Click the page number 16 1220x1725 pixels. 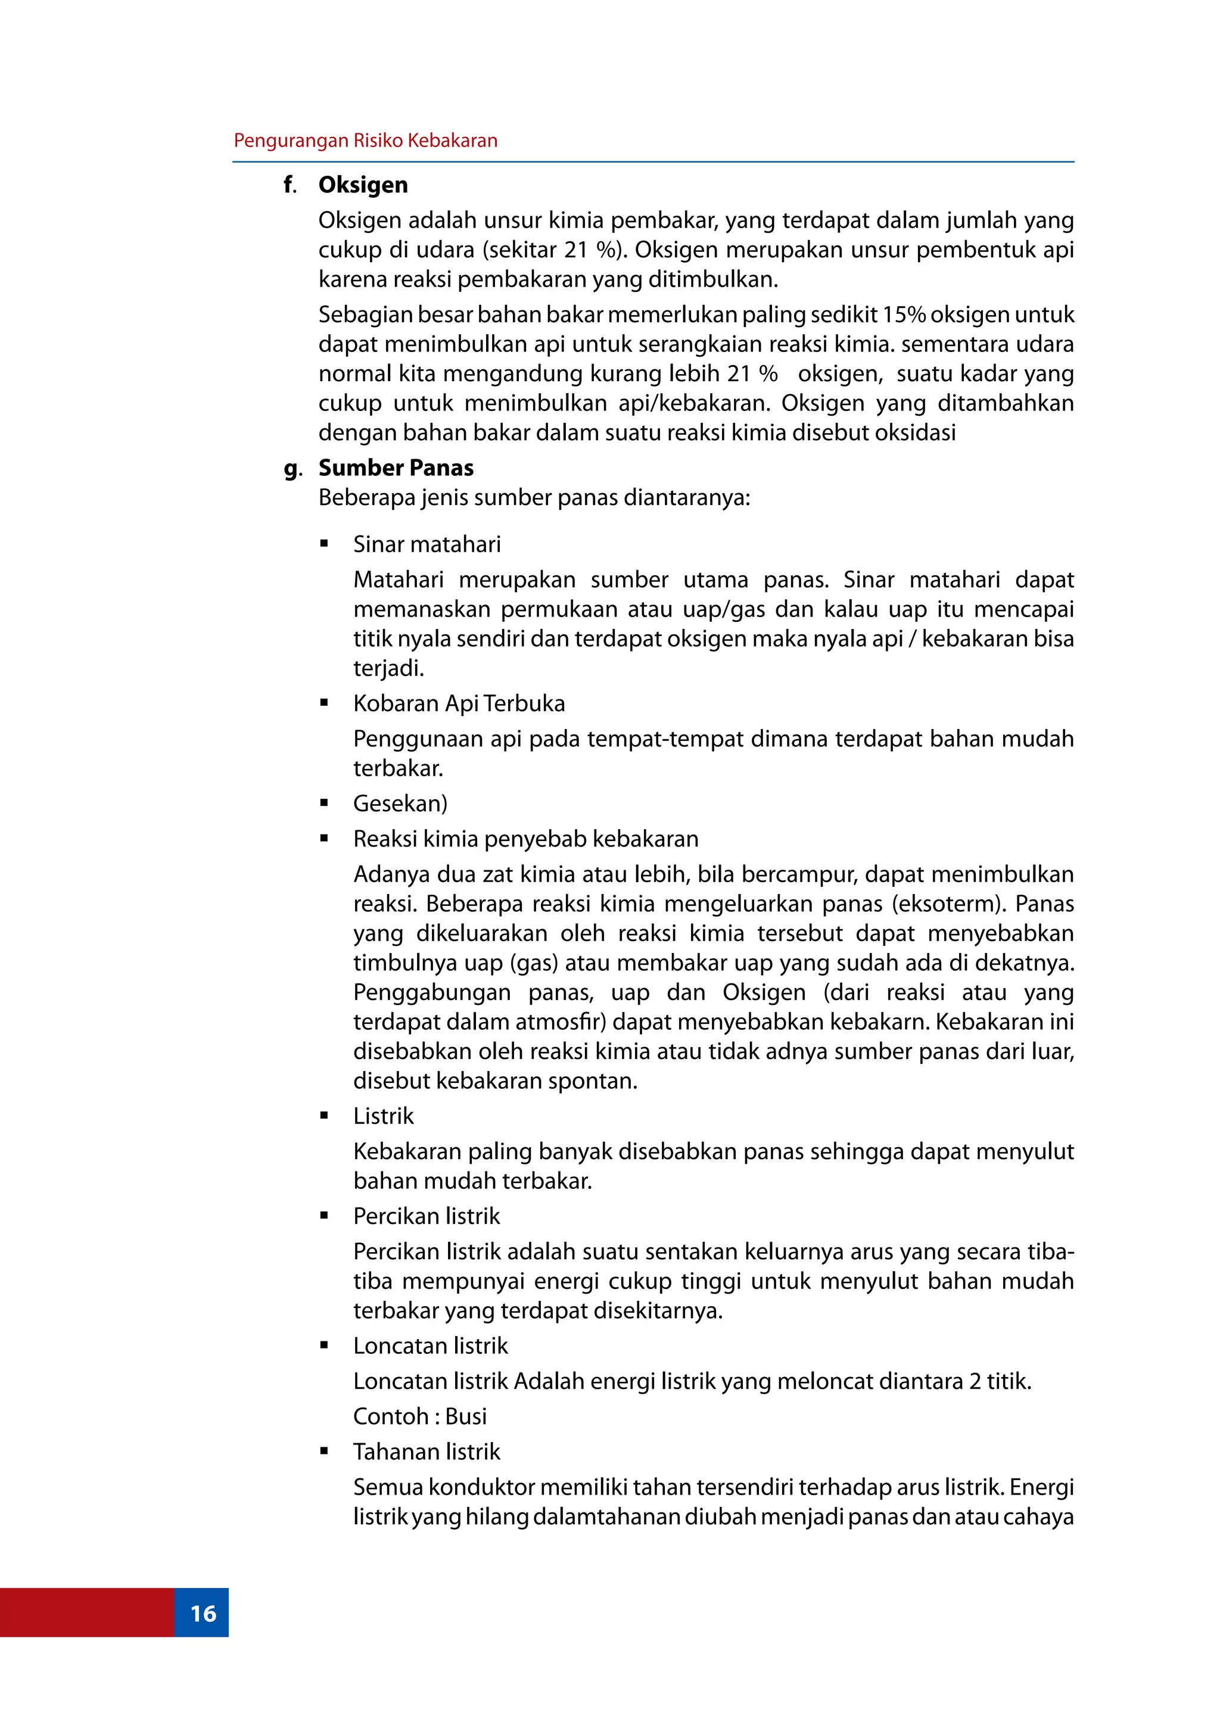coord(203,1613)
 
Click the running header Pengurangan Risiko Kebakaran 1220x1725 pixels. coord(365,141)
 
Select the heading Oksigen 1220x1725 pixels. coord(363,185)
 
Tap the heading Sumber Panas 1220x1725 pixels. coord(396,468)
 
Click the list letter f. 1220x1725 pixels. coord(290,185)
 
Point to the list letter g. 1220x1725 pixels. coord(292,469)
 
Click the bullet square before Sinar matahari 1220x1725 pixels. coord(325,544)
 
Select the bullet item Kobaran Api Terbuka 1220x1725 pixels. coord(459,703)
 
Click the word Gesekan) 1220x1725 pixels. coord(400,803)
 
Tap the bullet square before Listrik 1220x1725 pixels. coord(325,1116)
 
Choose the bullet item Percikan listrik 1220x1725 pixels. coord(427,1216)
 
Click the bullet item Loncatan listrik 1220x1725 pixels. coord(431,1346)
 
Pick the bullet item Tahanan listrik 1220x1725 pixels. coord(427,1452)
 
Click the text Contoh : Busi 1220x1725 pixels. coord(420,1416)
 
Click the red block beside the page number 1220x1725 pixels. coord(86,1613)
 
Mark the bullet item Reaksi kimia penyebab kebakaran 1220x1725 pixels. coord(526,839)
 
